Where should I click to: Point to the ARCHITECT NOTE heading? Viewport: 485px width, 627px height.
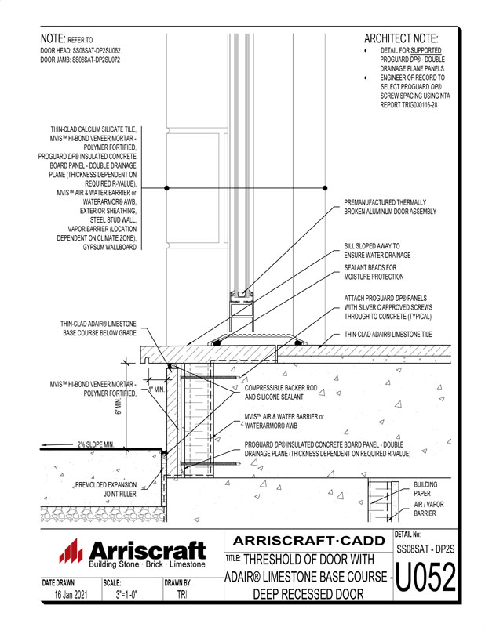[x=401, y=38]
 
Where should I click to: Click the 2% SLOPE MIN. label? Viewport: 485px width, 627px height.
[x=96, y=444]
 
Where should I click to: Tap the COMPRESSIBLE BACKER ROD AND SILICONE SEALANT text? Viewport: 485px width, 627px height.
[x=286, y=392]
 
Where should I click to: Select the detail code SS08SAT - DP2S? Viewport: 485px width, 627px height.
[x=425, y=551]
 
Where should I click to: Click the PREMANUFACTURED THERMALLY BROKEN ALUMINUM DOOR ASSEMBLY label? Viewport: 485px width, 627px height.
[x=390, y=207]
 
